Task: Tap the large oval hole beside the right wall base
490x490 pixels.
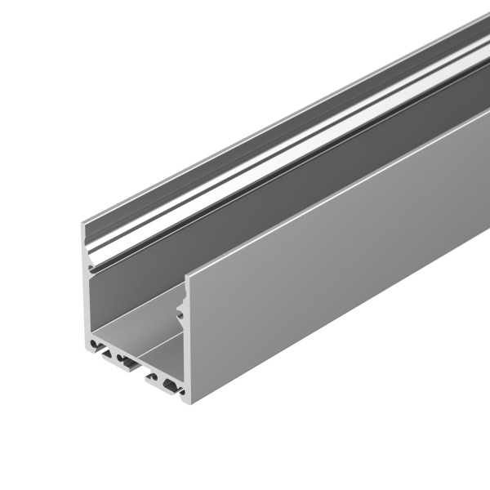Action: (x=170, y=383)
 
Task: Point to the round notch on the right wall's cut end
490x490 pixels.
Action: (x=180, y=310)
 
